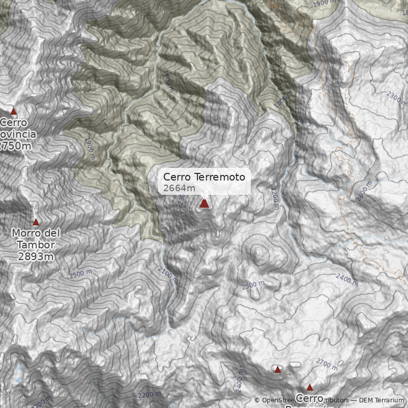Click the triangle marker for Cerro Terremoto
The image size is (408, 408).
tap(204, 203)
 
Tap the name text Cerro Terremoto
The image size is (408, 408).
tap(204, 177)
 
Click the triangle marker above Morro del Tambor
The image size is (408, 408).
tap(36, 222)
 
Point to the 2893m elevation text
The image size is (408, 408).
tap(36, 257)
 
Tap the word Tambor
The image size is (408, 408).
tap(36, 245)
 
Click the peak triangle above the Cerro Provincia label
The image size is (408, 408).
tap(14, 111)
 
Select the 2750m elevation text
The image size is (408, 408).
tap(15, 146)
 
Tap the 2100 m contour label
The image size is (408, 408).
tap(168, 274)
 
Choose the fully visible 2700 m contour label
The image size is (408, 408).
tap(327, 365)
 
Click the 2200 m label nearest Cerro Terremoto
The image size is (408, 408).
tap(275, 198)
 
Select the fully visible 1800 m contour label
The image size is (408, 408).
tap(284, 99)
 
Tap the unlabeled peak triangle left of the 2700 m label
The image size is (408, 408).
tap(277, 369)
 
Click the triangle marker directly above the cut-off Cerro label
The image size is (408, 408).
tap(310, 387)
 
